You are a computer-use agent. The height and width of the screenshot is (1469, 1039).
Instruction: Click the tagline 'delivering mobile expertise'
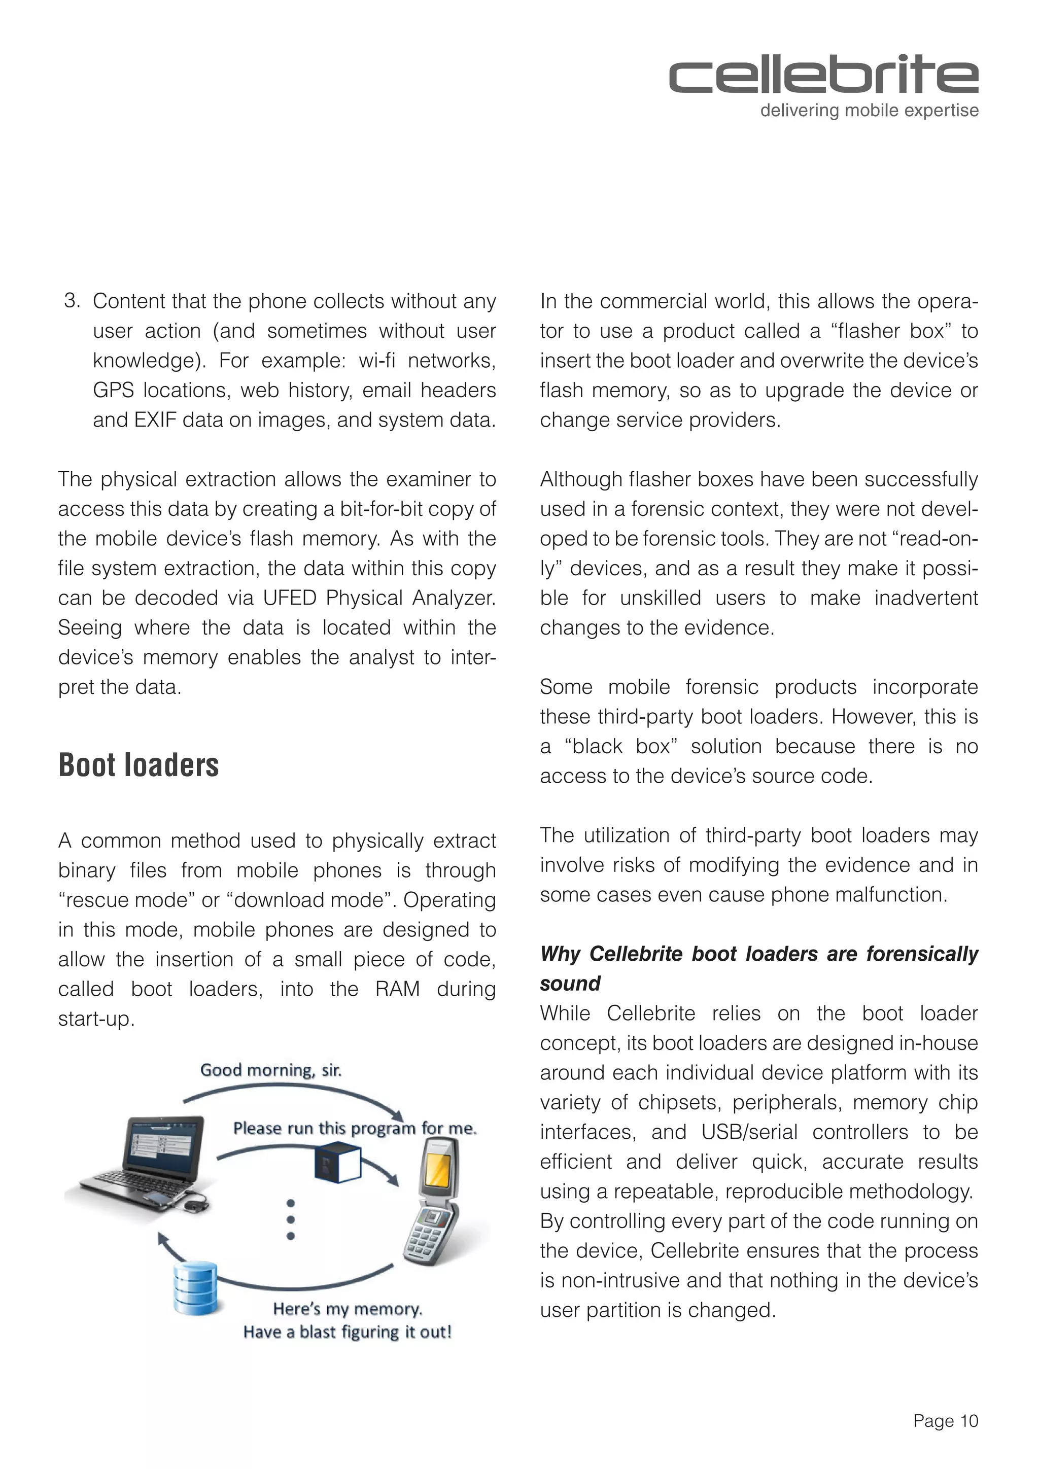coord(869,111)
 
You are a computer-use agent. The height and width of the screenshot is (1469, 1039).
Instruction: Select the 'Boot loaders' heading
coord(138,765)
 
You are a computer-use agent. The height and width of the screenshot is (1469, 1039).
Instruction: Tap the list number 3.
coord(72,300)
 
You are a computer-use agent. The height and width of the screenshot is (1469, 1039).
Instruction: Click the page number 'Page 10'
coord(946,1421)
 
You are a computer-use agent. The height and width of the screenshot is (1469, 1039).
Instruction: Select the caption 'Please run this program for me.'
coord(355,1128)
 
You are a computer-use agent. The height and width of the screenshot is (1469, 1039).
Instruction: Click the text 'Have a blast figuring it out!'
coord(347,1332)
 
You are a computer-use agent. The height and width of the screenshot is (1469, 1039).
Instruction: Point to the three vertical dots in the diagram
coord(291,1219)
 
